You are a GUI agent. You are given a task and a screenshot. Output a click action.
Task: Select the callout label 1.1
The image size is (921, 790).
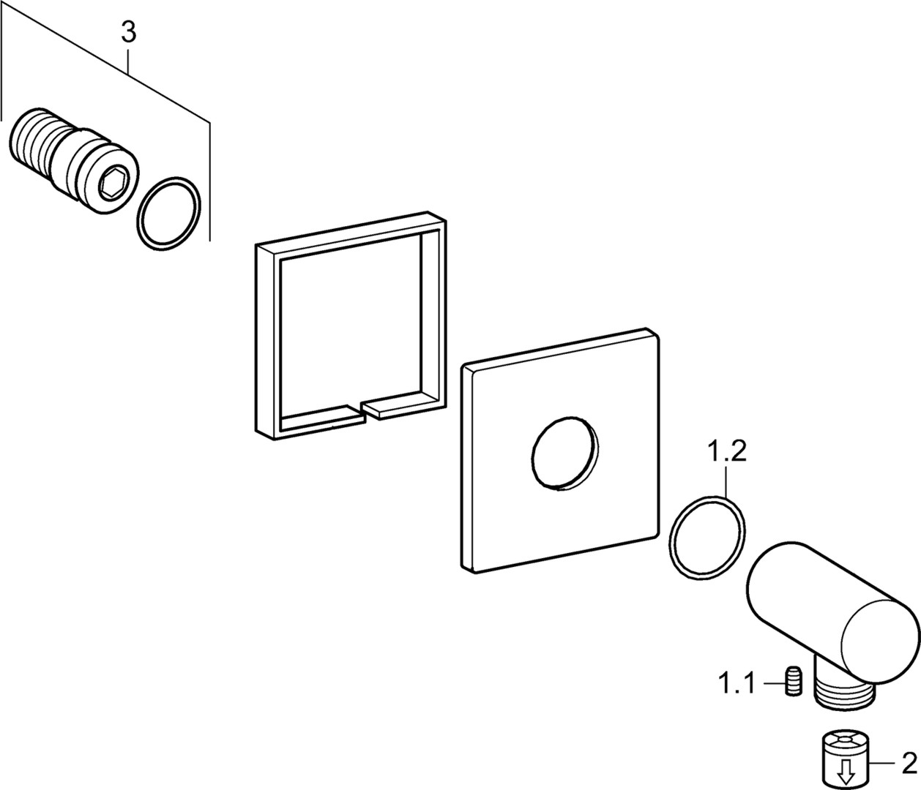[x=736, y=685]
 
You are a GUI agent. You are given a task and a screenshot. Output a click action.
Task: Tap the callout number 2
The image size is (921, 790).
[x=908, y=764]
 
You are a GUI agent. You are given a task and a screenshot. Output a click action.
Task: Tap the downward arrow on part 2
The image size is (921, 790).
[x=847, y=771]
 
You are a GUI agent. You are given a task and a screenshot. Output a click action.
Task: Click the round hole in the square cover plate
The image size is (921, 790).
[x=564, y=454]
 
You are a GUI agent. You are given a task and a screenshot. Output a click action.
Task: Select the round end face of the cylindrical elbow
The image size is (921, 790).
[x=879, y=636]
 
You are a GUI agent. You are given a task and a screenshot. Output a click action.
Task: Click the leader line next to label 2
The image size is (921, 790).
[x=887, y=764]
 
